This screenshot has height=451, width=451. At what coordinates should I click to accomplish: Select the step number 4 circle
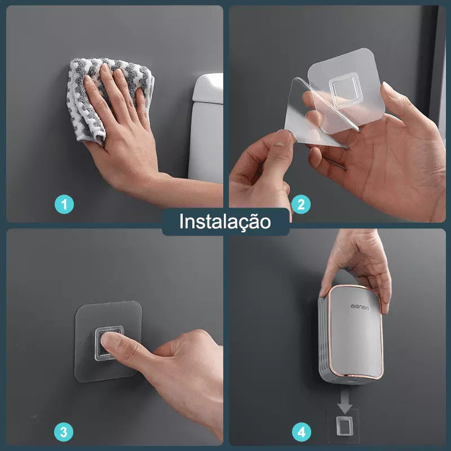click(301, 432)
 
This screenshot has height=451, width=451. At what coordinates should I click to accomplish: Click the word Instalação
click(225, 221)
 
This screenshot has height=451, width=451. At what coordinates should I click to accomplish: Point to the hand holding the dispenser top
click(361, 265)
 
